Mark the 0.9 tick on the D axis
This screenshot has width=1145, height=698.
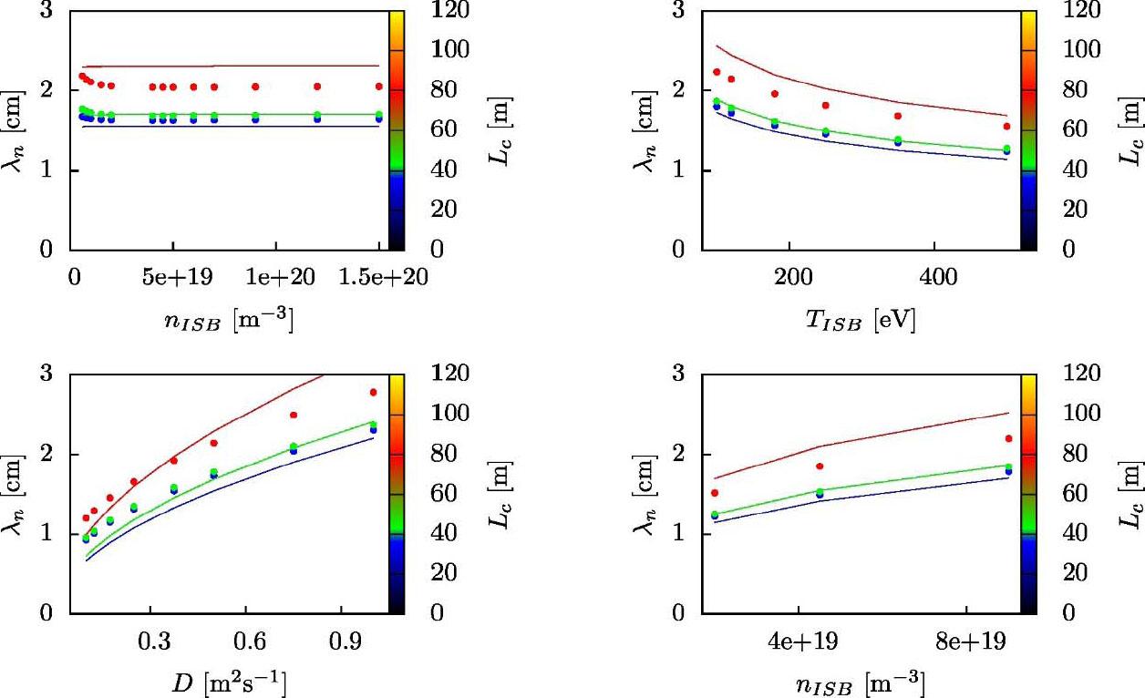(x=341, y=641)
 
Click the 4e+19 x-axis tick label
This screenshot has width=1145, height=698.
(x=799, y=641)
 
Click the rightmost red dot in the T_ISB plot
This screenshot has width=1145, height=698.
(x=1006, y=127)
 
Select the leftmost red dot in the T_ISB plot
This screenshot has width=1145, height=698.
(x=717, y=72)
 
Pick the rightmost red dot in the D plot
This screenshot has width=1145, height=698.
(x=373, y=393)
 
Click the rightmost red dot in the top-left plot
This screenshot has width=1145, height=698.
(x=379, y=87)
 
